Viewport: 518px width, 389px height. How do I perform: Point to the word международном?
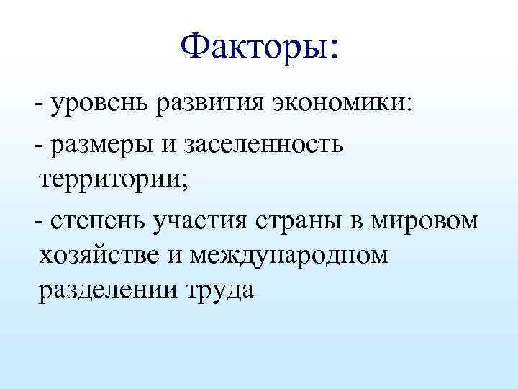[x=288, y=255]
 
